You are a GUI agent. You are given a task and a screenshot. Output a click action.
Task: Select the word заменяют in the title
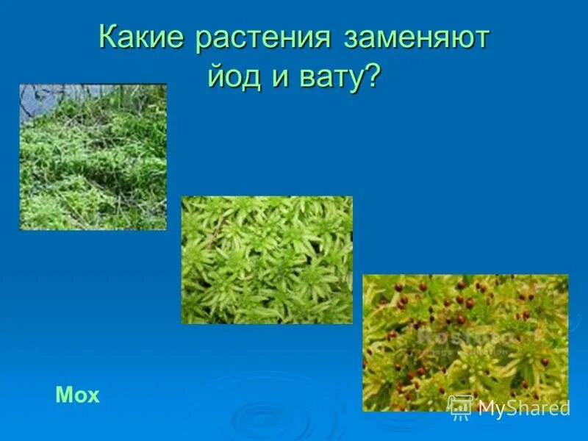(416, 38)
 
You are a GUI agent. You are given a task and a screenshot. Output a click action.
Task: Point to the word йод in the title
(234, 76)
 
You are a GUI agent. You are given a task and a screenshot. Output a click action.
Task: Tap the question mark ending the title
(374, 76)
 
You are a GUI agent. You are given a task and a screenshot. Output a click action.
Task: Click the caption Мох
(77, 395)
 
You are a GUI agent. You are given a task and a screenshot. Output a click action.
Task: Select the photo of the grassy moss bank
(93, 157)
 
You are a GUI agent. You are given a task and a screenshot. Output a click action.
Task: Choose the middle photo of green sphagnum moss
(267, 259)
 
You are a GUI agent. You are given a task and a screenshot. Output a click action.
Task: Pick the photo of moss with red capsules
(465, 343)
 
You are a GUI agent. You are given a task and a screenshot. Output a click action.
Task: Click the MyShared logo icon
(460, 406)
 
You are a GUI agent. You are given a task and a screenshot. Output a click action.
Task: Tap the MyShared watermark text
(523, 408)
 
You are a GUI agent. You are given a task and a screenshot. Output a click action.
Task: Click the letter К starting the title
(109, 38)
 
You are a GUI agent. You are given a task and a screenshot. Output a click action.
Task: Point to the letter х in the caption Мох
(93, 397)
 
